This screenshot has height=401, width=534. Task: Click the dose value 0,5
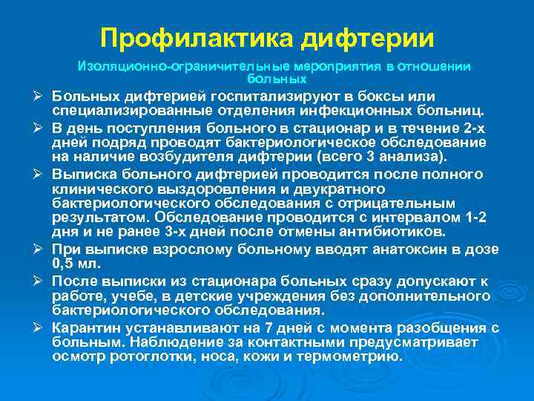click(x=65, y=262)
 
